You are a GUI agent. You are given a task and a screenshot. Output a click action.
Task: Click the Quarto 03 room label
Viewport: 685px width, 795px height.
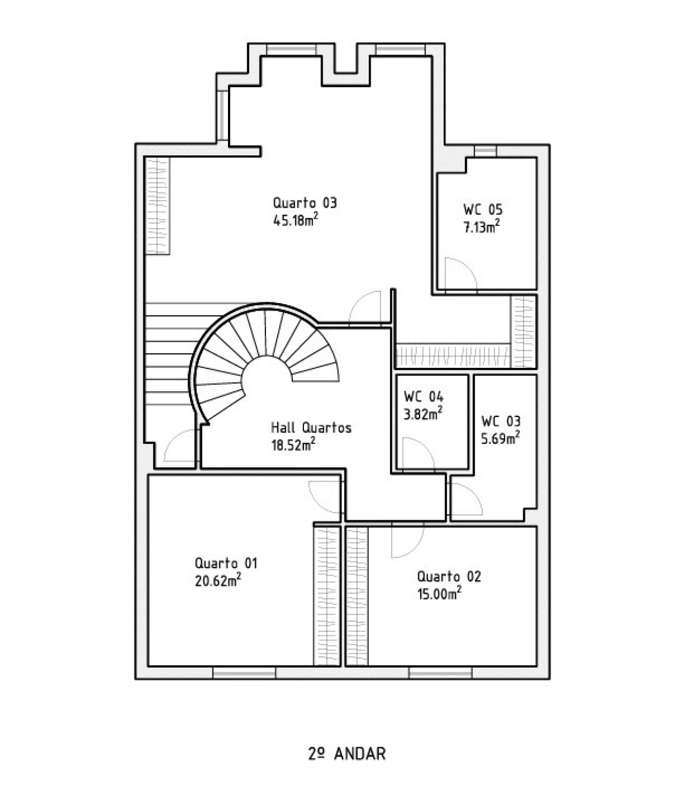[x=305, y=203]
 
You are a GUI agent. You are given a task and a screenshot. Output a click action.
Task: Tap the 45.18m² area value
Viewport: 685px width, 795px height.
[x=295, y=220]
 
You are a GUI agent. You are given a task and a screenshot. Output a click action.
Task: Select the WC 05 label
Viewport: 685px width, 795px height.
[x=483, y=210]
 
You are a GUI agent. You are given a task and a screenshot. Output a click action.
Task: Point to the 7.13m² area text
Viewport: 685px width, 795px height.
[x=481, y=226]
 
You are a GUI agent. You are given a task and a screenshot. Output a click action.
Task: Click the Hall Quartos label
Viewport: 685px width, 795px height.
[x=311, y=428]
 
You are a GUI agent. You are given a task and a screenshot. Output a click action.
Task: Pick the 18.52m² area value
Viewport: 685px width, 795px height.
[x=293, y=444]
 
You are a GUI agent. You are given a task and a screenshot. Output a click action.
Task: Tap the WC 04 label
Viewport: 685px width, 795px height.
[x=423, y=397]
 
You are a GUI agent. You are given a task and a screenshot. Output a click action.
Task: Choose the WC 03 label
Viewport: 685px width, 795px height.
[x=500, y=421]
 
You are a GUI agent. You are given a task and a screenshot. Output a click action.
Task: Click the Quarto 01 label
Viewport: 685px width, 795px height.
[x=226, y=563]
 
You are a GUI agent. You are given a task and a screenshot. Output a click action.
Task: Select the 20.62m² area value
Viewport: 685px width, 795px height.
[x=218, y=580]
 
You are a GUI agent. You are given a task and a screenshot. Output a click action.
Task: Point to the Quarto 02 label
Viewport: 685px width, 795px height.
[x=448, y=576]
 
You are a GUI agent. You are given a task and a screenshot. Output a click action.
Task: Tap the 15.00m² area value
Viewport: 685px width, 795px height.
[x=439, y=593]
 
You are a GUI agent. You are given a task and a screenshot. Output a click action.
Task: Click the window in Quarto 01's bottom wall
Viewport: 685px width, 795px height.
[x=244, y=673]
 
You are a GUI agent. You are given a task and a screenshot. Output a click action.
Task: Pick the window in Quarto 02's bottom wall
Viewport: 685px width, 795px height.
[x=440, y=673]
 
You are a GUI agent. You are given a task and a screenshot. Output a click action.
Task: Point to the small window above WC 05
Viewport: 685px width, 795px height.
[x=485, y=151]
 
